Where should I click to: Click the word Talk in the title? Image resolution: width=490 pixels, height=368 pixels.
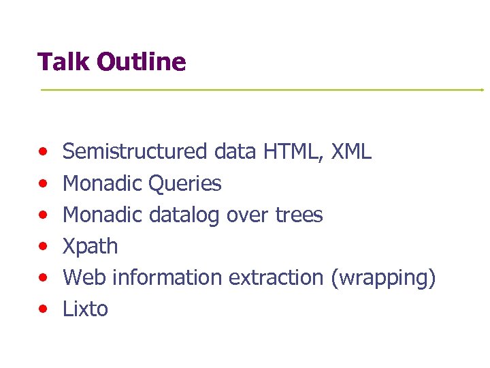pyautogui.click(x=64, y=62)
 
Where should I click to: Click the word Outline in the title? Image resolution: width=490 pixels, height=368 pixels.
pyautogui.click(x=141, y=62)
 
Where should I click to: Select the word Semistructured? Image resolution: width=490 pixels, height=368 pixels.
pyautogui.click(x=135, y=151)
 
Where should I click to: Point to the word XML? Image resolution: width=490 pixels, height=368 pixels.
pyautogui.click(x=351, y=151)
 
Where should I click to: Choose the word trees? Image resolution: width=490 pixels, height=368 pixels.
pyautogui.click(x=299, y=215)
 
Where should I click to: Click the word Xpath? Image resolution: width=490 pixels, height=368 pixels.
pyautogui.click(x=90, y=246)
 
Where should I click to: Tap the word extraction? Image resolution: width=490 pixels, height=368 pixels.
pyautogui.click(x=276, y=277)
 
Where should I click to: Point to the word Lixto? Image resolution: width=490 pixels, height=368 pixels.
pyautogui.click(x=85, y=309)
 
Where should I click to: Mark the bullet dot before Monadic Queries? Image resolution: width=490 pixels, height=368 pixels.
pyautogui.click(x=43, y=183)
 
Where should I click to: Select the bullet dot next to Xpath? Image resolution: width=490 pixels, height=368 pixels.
pyautogui.click(x=43, y=246)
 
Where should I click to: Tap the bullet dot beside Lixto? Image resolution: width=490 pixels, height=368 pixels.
pyautogui.click(x=43, y=309)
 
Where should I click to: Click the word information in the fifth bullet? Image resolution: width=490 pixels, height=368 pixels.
pyautogui.click(x=168, y=277)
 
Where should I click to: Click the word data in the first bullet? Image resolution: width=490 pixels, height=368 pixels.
pyautogui.click(x=234, y=151)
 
